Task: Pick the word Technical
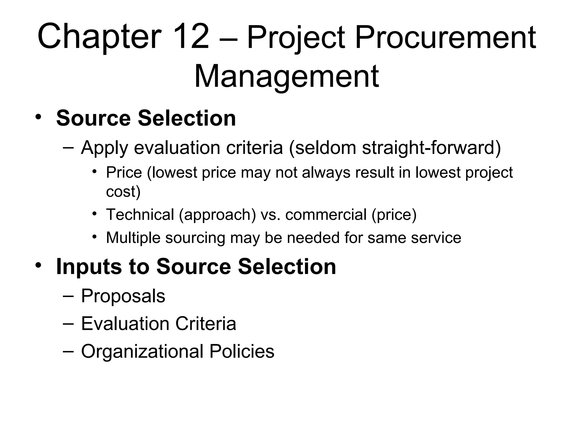(140, 215)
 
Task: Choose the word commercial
(326, 215)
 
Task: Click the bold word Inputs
(89, 267)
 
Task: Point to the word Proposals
(123, 296)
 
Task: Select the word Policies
(242, 351)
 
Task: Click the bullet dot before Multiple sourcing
(95, 237)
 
